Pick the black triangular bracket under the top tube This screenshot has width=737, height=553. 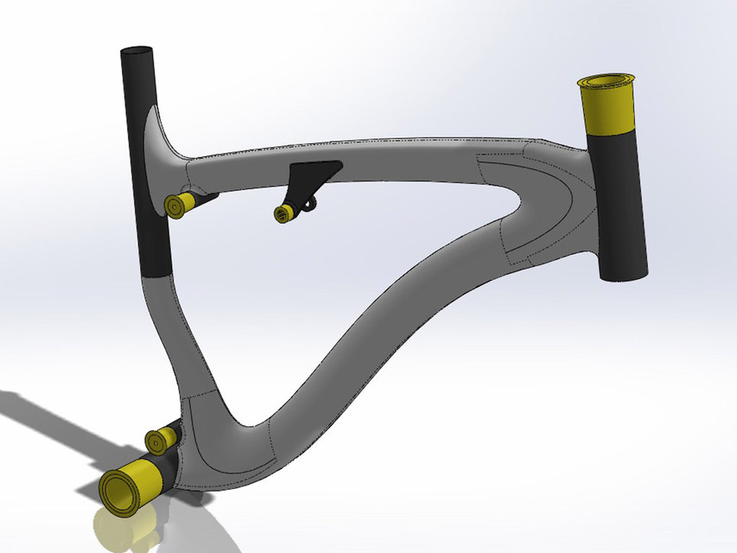(x=310, y=177)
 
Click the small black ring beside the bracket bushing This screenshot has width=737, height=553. (x=308, y=204)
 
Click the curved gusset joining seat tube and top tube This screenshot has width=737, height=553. (x=160, y=138)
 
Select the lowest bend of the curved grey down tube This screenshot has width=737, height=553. (x=251, y=423)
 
